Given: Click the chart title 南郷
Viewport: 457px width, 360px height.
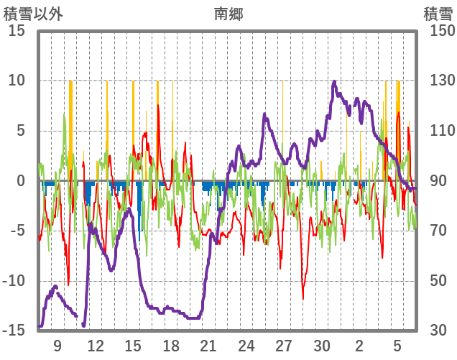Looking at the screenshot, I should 228,13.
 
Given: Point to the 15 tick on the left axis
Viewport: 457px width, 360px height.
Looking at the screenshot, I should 17,31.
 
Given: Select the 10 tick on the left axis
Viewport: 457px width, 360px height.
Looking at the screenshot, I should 17,81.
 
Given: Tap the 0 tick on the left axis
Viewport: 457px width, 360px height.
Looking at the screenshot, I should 21,181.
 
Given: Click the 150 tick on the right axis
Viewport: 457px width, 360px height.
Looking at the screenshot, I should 438,31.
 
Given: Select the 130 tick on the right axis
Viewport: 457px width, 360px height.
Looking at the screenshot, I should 438,81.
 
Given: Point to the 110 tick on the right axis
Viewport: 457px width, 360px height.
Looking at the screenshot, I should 438,131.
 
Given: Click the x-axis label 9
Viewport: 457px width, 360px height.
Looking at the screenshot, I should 57,346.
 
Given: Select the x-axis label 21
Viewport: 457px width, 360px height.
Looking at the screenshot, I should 208,346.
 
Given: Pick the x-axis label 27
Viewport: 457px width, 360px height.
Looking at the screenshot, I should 284,346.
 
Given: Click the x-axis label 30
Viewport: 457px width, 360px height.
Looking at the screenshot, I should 322,346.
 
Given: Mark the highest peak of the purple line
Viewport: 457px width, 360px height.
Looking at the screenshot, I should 334,82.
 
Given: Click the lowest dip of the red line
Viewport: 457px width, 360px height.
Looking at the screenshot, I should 303,298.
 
